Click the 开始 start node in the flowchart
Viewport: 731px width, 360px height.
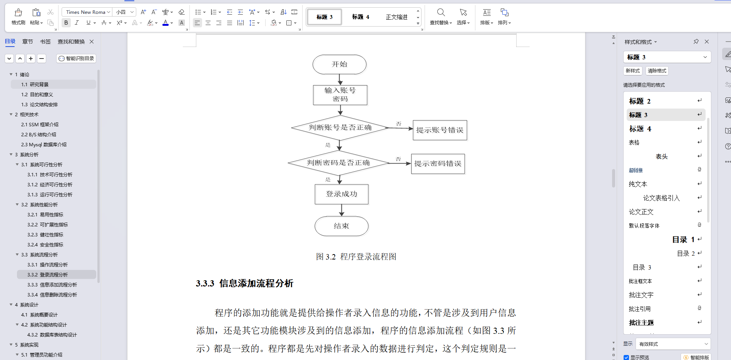point(339,64)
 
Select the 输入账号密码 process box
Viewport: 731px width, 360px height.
point(340,95)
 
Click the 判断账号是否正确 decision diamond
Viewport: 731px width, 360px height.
point(340,127)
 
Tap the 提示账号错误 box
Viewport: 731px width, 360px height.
point(440,130)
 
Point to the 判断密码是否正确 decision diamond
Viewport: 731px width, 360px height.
point(338,163)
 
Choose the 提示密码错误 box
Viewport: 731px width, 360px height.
point(438,164)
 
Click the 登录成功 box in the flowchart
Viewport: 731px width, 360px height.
point(341,194)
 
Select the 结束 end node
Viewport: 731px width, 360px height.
point(341,226)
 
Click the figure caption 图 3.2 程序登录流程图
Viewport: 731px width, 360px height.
point(356,257)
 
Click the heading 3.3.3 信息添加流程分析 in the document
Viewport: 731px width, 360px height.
point(244,284)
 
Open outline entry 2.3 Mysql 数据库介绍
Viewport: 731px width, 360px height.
point(43,145)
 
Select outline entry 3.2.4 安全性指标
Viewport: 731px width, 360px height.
point(45,245)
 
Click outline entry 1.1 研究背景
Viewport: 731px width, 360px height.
point(35,85)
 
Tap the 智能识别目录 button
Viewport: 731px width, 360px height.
point(76,59)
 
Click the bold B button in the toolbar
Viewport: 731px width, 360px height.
point(66,23)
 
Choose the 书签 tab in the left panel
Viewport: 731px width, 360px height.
point(45,42)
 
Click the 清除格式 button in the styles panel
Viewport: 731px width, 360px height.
point(657,71)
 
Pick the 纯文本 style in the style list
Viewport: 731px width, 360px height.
point(638,184)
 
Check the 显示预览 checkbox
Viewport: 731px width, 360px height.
point(626,357)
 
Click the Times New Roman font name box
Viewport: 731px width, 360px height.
point(86,12)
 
